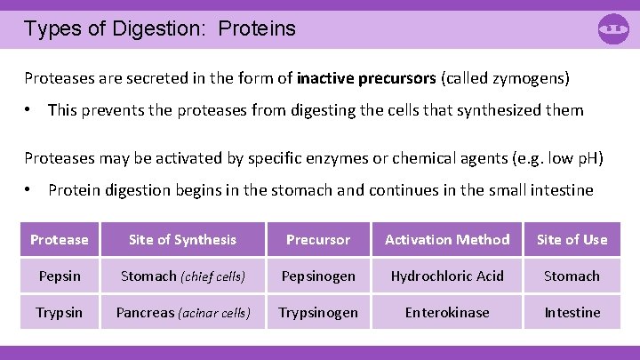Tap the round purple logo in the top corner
tap(613, 28)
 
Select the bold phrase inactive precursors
tap(366, 78)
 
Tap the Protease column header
tap(60, 239)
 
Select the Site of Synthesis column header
tap(183, 239)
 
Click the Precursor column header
tap(318, 239)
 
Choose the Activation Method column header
tap(447, 239)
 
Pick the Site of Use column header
tap(572, 239)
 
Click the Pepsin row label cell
tap(60, 276)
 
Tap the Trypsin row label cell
tap(60, 312)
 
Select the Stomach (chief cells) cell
tap(183, 276)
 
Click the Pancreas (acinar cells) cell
tap(183, 312)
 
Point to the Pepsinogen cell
tap(318, 276)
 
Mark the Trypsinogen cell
tap(318, 312)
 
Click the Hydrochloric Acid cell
tap(447, 276)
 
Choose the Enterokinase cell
tap(447, 312)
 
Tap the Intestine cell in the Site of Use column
tap(572, 312)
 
